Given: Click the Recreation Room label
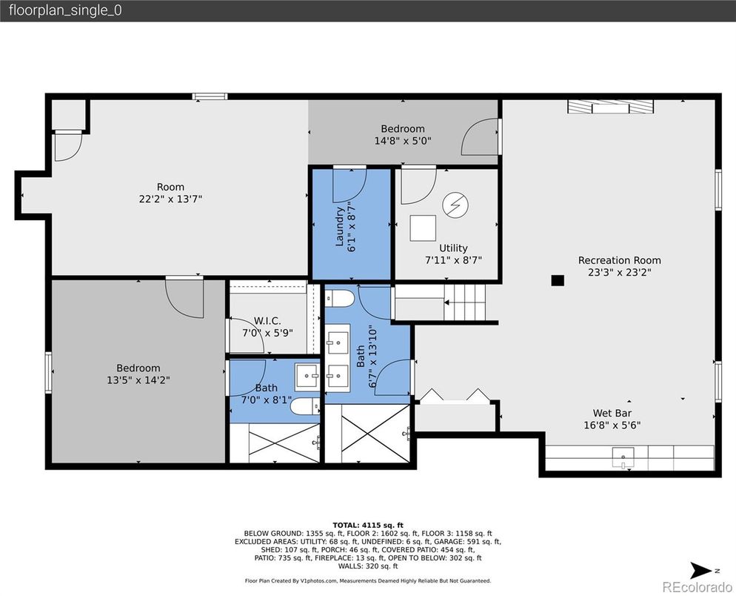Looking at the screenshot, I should point(619,260).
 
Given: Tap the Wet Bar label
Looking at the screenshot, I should point(612,414).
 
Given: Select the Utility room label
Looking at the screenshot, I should point(453,248).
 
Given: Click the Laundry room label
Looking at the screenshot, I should point(341,226).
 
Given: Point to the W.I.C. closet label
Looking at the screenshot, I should point(267,321).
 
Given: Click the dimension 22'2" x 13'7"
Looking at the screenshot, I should point(170,199).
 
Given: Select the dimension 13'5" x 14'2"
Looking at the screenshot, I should point(138,380).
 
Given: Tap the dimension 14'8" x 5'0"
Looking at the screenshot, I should point(403,140).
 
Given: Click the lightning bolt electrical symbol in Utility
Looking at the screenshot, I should point(453,205).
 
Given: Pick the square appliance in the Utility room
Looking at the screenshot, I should point(424,228).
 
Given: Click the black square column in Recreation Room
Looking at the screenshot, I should point(558,280).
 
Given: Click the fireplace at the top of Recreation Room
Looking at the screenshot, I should point(611,107).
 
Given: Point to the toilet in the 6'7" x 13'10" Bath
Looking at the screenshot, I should point(341,299).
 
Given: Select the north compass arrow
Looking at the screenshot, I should point(700,570).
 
